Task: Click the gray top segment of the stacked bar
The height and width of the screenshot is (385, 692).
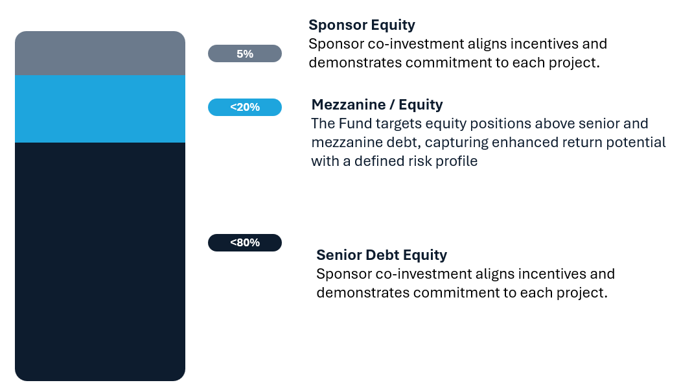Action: tap(100, 53)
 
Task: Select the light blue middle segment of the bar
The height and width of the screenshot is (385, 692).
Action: tap(100, 108)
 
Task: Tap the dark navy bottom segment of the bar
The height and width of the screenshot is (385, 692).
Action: tap(100, 259)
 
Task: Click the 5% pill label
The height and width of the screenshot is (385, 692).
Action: tap(245, 54)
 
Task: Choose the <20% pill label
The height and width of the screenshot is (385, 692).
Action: tap(245, 108)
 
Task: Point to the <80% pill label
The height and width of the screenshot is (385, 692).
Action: tap(245, 242)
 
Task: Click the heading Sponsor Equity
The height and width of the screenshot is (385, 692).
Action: tap(362, 25)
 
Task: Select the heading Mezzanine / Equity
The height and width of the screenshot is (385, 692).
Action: tap(377, 104)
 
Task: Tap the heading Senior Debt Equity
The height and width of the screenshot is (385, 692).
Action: tap(382, 255)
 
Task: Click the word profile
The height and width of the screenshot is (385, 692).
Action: tap(455, 161)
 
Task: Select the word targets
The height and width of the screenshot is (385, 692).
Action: tap(395, 123)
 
